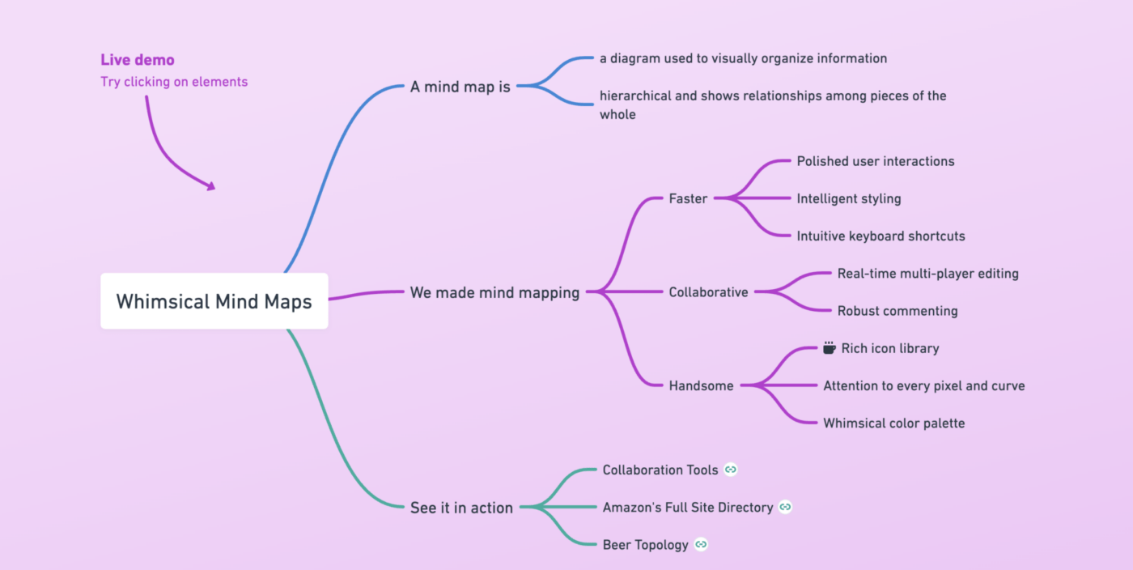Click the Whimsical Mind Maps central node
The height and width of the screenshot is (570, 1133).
pos(214,301)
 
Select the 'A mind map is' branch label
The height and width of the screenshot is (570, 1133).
pos(460,87)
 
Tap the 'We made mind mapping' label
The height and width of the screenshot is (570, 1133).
pos(494,292)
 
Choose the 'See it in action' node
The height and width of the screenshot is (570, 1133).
pos(461,508)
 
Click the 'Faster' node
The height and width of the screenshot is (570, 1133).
pos(688,198)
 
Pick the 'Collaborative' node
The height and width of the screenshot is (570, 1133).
pos(708,292)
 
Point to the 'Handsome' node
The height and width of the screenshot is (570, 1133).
pos(701,386)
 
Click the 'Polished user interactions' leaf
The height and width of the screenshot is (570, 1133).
pos(875,161)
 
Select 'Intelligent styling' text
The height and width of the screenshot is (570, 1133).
pos(848,198)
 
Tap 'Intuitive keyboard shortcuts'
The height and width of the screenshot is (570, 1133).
pos(881,236)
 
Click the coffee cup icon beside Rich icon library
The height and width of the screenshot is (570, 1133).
pos(829,348)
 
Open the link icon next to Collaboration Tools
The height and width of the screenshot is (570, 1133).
pos(731,470)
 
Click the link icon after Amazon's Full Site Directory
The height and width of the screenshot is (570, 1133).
pos(785,507)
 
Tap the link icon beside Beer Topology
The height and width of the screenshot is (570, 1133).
pos(701,545)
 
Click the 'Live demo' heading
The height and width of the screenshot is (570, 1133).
pos(138,60)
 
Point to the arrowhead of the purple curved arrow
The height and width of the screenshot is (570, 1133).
pos(211,186)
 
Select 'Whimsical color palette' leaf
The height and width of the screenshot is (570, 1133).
pos(893,423)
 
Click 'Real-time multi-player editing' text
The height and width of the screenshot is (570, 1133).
pos(927,274)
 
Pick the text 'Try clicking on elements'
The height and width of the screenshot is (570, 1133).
pos(174,82)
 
